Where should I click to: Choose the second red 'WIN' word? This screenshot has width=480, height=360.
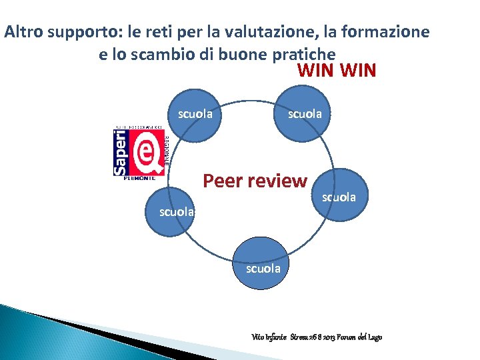[359, 71]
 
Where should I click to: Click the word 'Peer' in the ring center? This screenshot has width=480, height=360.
[224, 181]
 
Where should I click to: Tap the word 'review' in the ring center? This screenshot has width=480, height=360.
[279, 181]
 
